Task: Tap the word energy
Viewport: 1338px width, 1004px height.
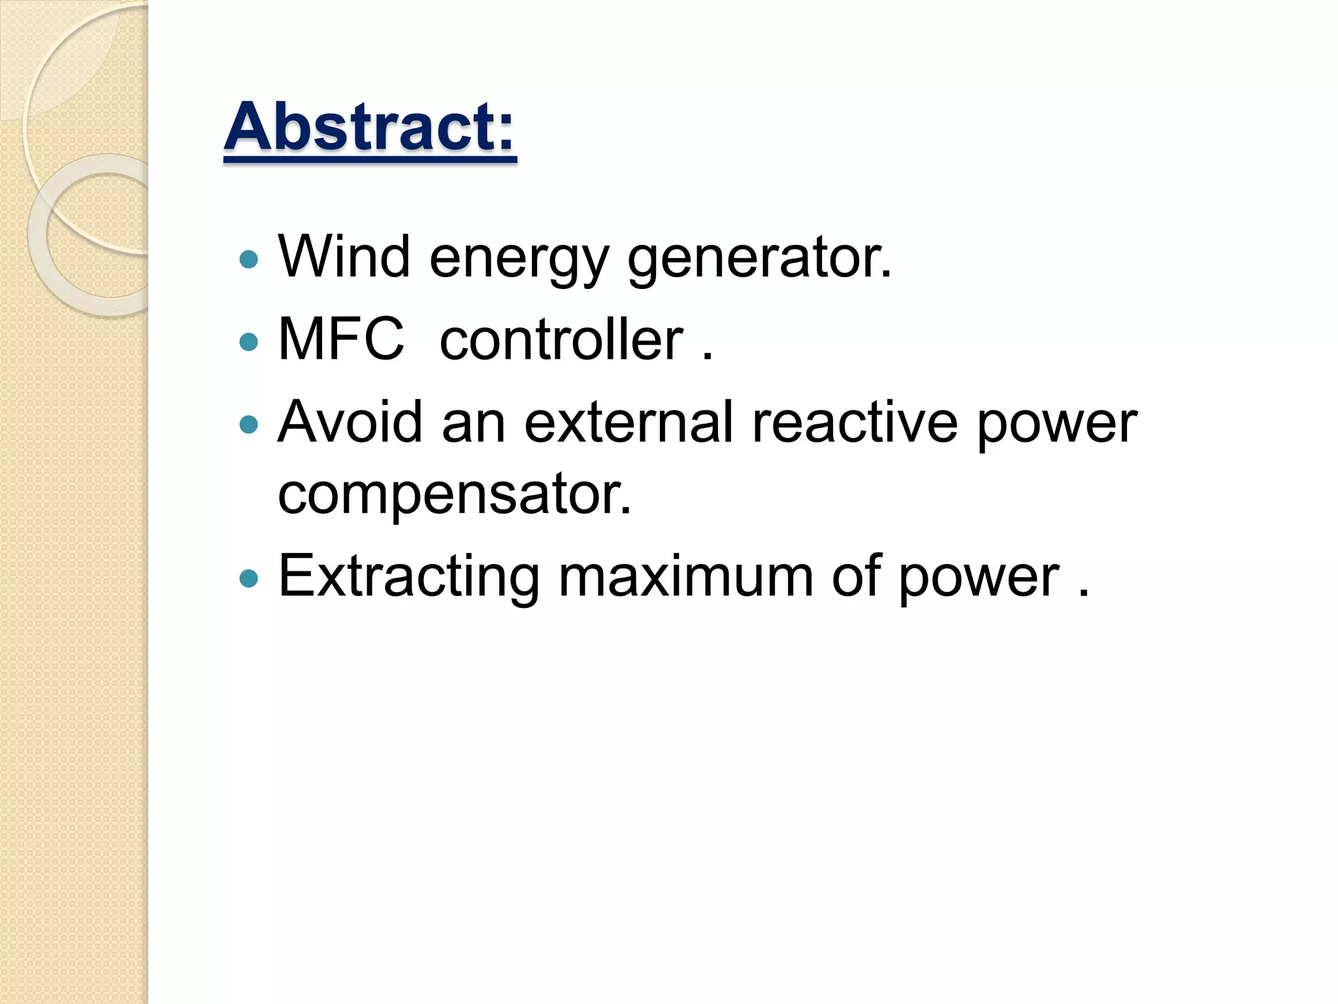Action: (519, 259)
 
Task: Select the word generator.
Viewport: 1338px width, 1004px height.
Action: (759, 259)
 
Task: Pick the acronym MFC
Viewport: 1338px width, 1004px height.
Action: (341, 339)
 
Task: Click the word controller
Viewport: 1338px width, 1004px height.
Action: (561, 339)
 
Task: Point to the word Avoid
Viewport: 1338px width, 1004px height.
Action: (350, 422)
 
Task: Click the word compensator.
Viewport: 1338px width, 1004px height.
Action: (455, 495)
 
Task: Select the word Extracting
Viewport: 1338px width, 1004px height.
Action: (409, 576)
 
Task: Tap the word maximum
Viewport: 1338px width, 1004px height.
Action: (685, 576)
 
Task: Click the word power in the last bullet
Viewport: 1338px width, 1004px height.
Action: (978, 578)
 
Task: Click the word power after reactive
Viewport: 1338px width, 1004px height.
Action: (1056, 424)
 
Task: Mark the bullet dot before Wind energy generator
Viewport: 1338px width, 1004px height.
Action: (249, 260)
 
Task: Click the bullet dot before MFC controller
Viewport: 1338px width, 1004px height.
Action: (249, 342)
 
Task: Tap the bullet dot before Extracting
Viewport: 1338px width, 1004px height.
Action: (249, 578)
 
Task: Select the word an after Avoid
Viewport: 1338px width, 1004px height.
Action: (474, 423)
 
